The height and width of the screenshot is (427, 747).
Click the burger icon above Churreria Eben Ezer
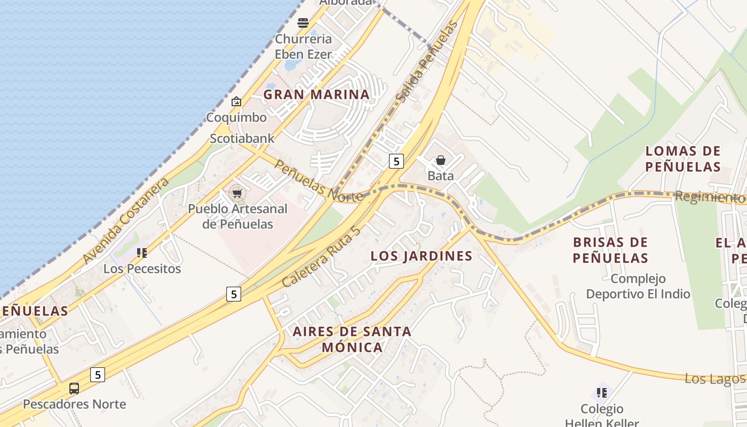click(303, 22)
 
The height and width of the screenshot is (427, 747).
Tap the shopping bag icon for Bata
click(441, 160)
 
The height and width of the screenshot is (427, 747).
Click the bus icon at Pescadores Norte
click(74, 389)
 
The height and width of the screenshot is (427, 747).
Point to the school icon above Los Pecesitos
click(142, 253)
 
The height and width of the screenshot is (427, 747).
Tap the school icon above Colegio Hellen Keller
click(602, 393)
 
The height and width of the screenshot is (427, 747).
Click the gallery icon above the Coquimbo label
click(236, 101)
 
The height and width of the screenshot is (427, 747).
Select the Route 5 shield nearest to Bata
click(395, 161)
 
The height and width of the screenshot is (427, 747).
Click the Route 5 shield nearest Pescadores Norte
click(97, 375)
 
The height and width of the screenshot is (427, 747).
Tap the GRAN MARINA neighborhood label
click(316, 94)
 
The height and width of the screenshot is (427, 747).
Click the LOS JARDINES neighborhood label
click(422, 256)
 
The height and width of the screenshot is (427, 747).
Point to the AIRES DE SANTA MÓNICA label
click(352, 339)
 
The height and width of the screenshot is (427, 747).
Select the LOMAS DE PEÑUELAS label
click(683, 159)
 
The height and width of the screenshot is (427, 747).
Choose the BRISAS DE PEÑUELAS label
click(610, 250)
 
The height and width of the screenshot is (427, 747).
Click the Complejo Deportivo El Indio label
click(638, 286)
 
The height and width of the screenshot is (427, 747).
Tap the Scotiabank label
click(242, 139)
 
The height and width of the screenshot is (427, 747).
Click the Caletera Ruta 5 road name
click(321, 256)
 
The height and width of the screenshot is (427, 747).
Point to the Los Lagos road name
click(714, 379)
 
